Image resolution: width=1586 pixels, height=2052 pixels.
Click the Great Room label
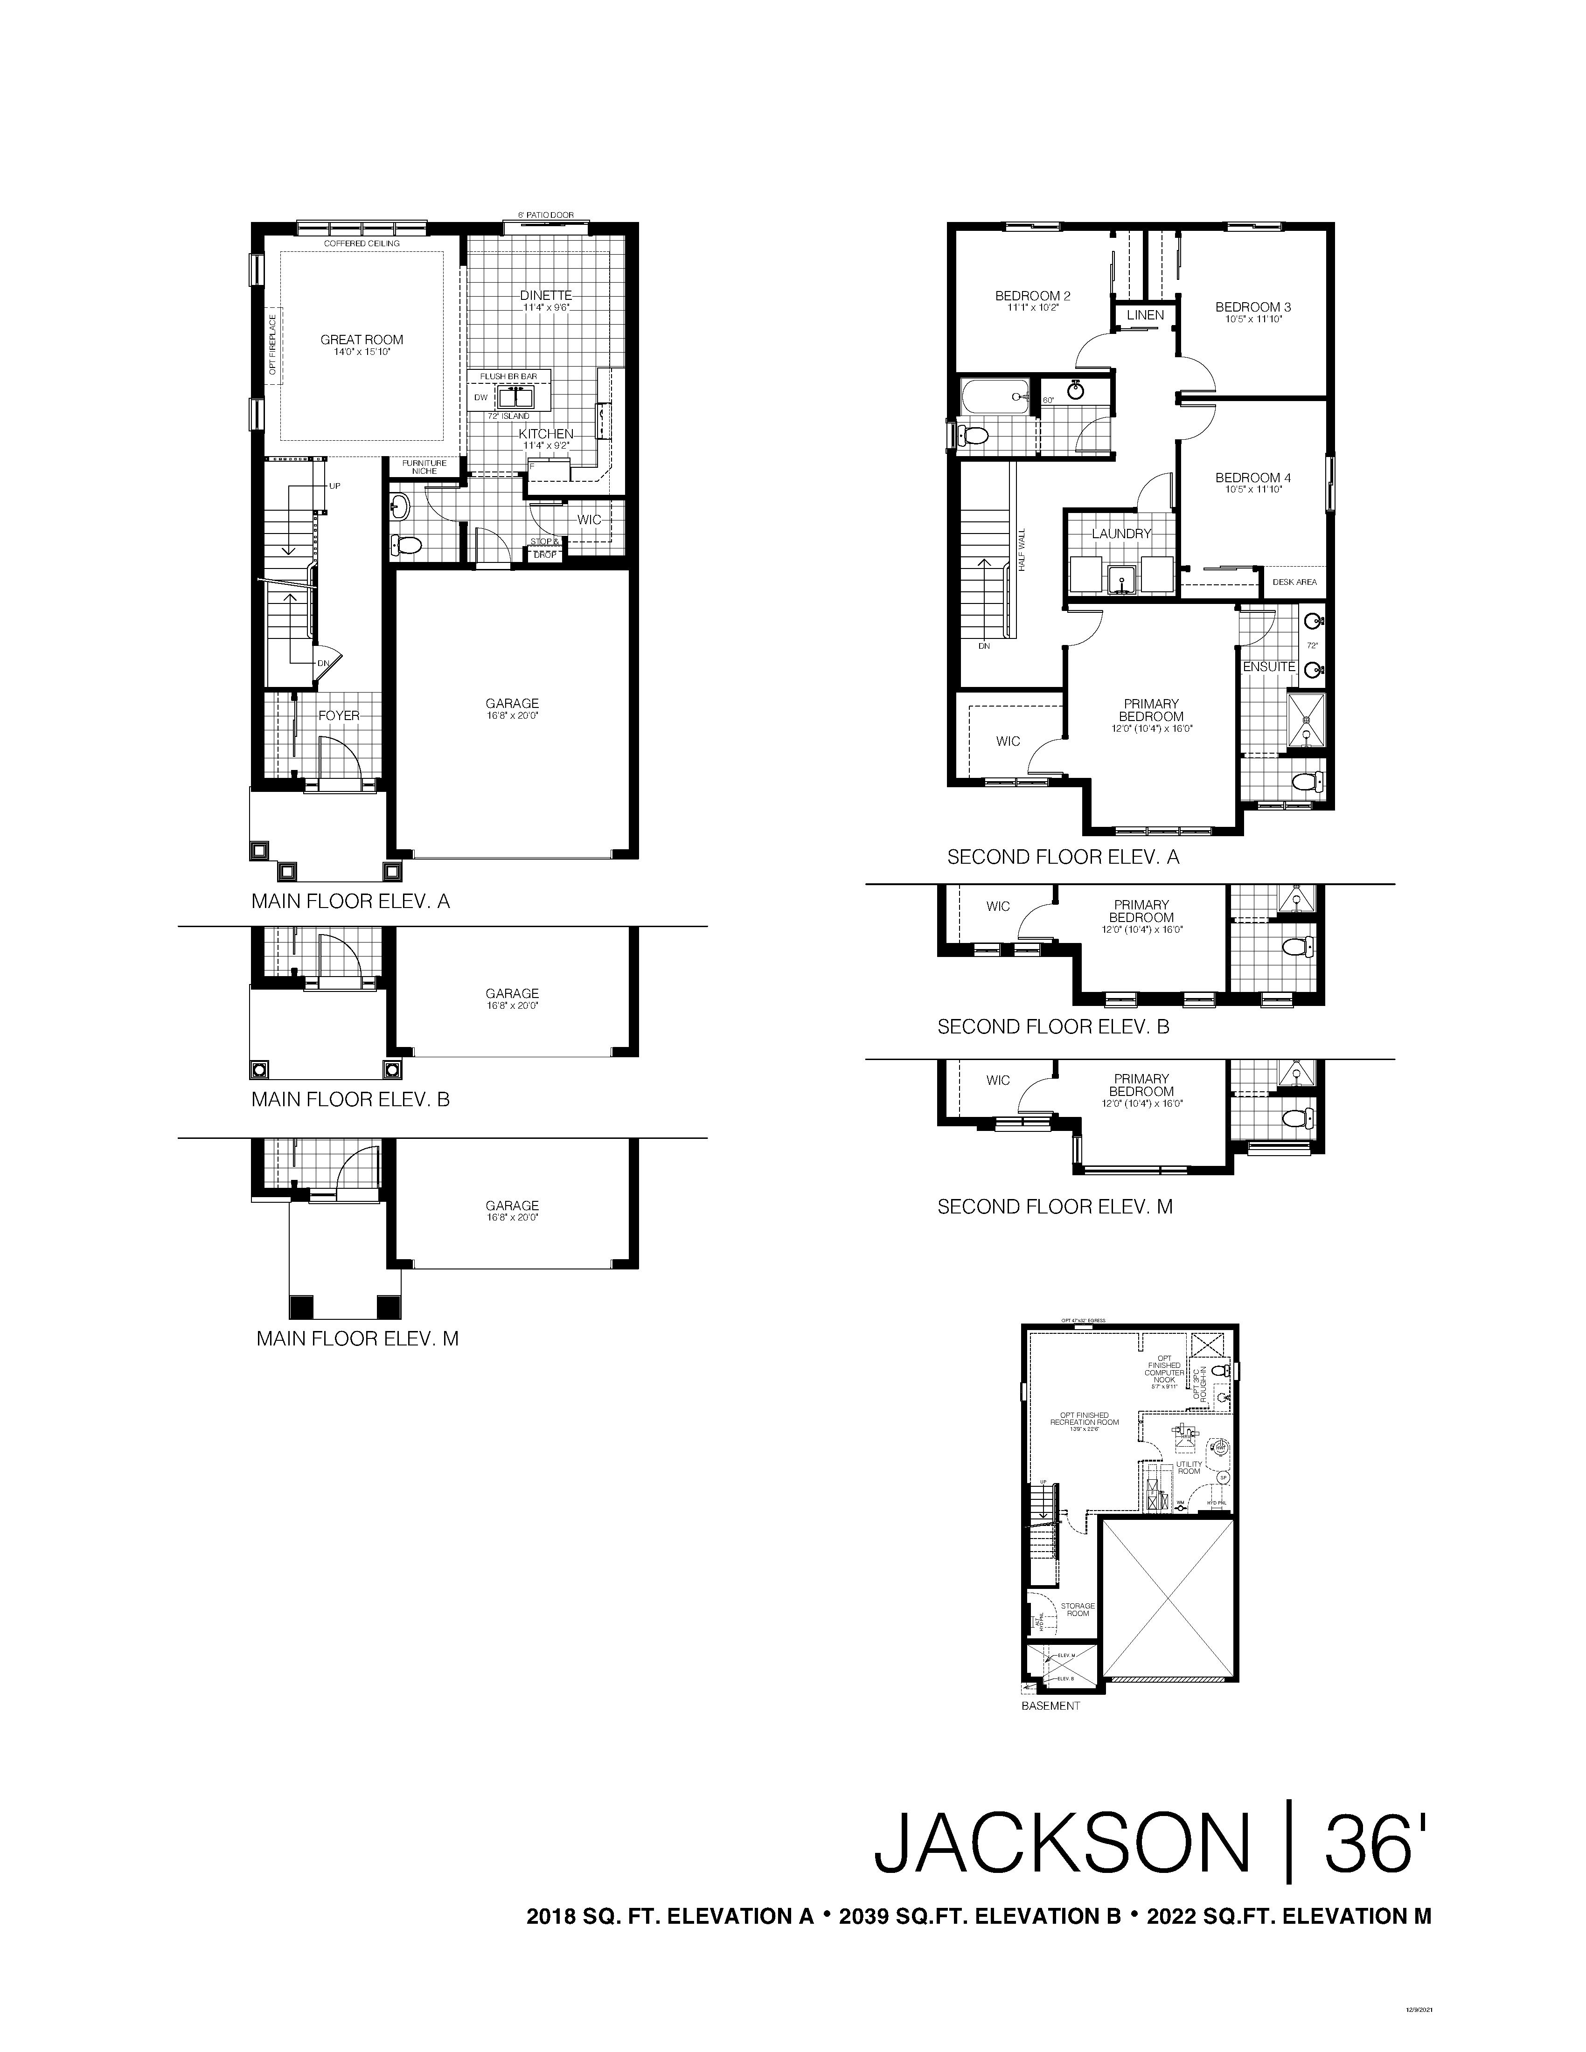[362, 340]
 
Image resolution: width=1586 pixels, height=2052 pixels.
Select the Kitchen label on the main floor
[546, 433]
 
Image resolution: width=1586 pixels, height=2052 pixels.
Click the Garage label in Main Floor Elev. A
[512, 703]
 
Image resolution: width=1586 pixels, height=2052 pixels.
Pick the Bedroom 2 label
[1033, 296]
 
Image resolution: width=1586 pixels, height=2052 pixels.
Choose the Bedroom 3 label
[1252, 307]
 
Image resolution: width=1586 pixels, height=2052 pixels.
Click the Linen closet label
[1144, 315]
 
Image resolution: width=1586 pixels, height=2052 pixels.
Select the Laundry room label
[1121, 534]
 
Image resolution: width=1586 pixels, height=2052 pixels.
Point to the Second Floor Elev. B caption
[1052, 1027]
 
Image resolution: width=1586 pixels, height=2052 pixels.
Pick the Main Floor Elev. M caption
[357, 1338]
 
